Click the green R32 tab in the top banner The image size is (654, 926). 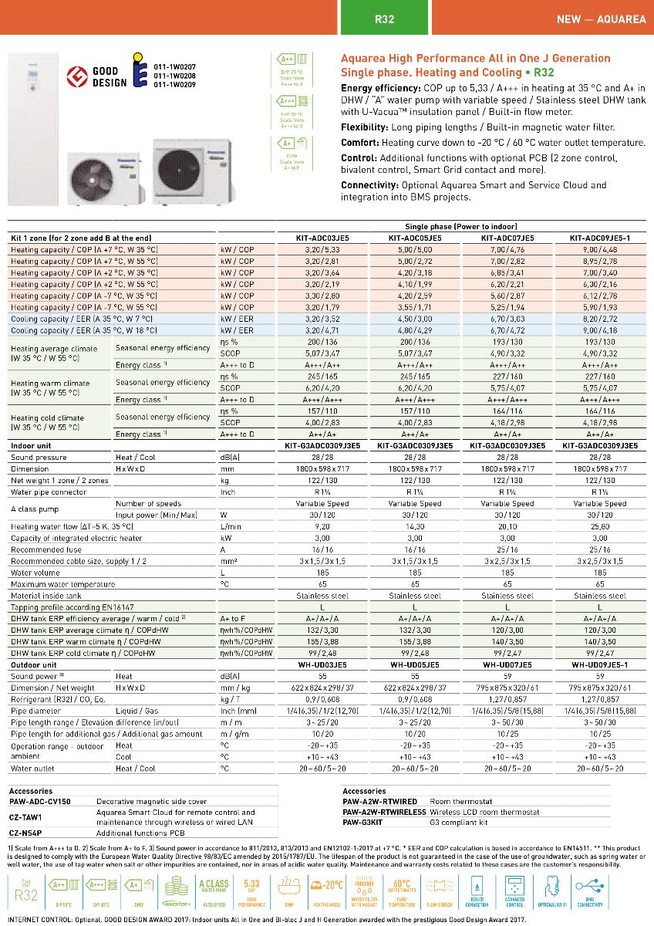coord(384,19)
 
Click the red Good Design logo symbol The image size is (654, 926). coord(77,76)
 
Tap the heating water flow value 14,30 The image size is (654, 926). coord(415,526)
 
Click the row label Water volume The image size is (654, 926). coord(36,573)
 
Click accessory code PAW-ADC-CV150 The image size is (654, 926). coord(39,802)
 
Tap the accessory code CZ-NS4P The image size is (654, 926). coord(25,833)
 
